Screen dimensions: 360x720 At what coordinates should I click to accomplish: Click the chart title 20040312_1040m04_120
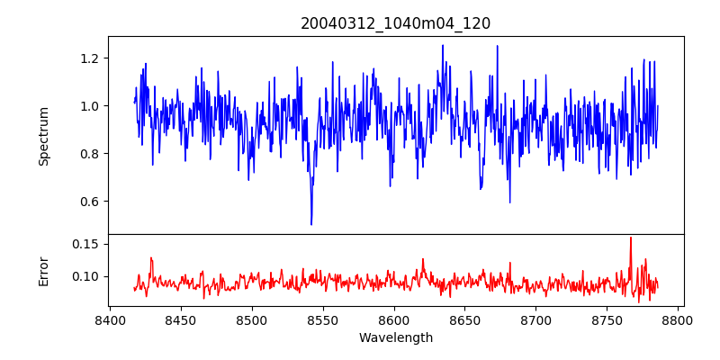395,23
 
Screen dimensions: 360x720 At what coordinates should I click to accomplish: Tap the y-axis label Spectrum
43,136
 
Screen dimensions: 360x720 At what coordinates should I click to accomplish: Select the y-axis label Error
43,270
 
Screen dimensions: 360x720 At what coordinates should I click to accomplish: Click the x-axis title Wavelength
395,337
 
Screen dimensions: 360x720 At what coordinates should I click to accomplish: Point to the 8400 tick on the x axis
110,319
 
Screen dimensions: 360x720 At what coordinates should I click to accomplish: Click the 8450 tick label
181,319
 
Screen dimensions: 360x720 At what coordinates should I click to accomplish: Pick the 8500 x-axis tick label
252,319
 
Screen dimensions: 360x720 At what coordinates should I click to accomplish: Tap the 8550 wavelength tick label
323,319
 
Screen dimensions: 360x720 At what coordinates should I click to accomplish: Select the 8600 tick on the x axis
394,319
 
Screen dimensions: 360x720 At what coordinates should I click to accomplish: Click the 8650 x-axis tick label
465,319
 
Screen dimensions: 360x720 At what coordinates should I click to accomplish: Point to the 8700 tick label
536,319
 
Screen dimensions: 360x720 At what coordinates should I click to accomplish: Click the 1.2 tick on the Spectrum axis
90,58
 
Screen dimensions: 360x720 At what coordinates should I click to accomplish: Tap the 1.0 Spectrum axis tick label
90,106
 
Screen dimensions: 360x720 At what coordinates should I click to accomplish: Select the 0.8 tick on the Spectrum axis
90,154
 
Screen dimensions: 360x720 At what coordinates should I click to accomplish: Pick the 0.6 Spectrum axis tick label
90,202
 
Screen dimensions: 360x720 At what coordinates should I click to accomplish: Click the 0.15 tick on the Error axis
86,244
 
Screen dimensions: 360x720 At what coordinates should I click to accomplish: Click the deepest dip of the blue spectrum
311,224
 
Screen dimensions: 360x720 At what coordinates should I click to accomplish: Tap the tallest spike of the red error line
631,238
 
